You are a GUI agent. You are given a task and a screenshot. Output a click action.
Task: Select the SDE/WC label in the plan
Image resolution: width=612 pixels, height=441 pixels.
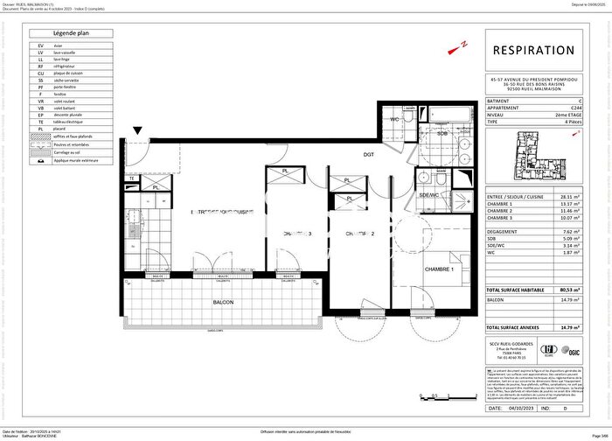pos(429,196)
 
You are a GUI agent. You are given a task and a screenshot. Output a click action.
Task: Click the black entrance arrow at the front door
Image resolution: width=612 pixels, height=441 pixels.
pos(136,133)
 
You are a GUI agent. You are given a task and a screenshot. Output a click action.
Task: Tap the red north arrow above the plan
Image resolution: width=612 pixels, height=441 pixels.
pos(464,41)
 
